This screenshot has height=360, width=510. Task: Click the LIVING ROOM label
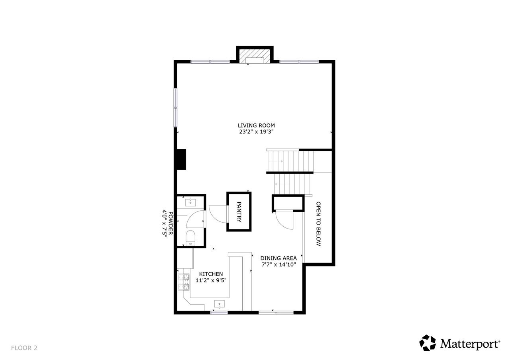256,125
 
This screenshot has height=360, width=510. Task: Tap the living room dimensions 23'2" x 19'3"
256,132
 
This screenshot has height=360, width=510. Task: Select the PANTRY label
239,211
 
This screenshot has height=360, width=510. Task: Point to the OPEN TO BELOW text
318,223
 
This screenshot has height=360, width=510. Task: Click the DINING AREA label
279,258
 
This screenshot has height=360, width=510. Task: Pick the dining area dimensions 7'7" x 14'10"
279,264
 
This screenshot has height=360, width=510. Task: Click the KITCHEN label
211,274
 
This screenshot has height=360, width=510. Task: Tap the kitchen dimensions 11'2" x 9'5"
211,280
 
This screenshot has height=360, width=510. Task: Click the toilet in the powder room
190,237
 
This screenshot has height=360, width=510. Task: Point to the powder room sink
190,202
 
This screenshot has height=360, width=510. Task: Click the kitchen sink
219,304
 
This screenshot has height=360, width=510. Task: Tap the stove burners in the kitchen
183,282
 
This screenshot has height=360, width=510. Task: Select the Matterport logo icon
428,343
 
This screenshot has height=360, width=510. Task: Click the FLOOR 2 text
24,348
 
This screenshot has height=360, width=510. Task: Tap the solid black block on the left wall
181,159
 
